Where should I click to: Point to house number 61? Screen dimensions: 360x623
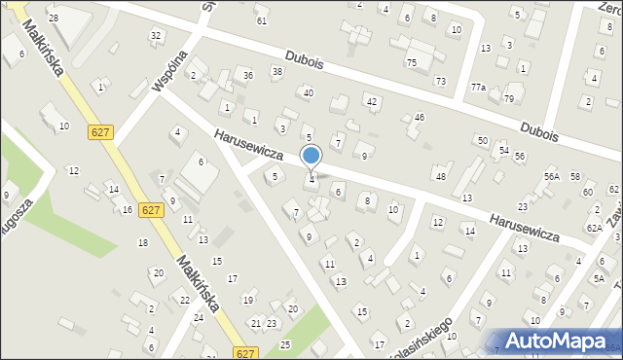pyautogui.click(x=261, y=20)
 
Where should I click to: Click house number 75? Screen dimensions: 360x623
pyautogui.click(x=411, y=62)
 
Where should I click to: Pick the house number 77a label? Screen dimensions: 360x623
pyautogui.click(x=477, y=87)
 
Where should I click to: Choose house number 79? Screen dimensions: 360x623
pyautogui.click(x=508, y=98)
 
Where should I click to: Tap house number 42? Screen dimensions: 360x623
pyautogui.click(x=371, y=101)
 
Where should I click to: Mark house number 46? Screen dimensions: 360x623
pyautogui.click(x=420, y=117)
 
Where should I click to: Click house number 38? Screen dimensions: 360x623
pyautogui.click(x=277, y=71)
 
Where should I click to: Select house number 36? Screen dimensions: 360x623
pyautogui.click(x=248, y=76)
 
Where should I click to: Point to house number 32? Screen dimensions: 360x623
pyautogui.click(x=155, y=35)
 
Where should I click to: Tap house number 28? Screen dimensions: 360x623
pyautogui.click(x=54, y=18)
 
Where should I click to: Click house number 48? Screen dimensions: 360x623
pyautogui.click(x=441, y=176)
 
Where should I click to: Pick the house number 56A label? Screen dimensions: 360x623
pyautogui.click(x=551, y=176)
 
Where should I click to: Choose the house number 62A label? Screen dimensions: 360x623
pyautogui.click(x=593, y=227)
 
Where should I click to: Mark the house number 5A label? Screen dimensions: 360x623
pyautogui.click(x=599, y=278)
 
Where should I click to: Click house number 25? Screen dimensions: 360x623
pyautogui.click(x=285, y=344)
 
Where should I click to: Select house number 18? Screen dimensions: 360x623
pyautogui.click(x=143, y=242)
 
